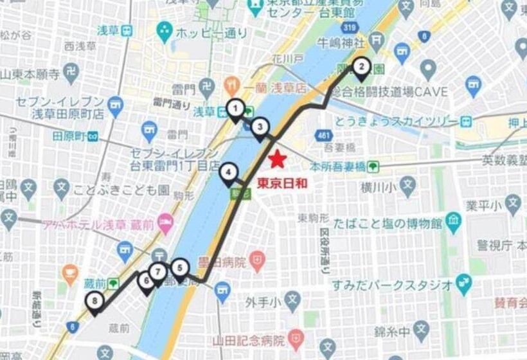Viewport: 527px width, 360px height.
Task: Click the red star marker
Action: [x=276, y=159]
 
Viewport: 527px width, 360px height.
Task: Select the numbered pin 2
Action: [x=361, y=66]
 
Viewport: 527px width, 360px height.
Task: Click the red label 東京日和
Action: [x=283, y=183]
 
